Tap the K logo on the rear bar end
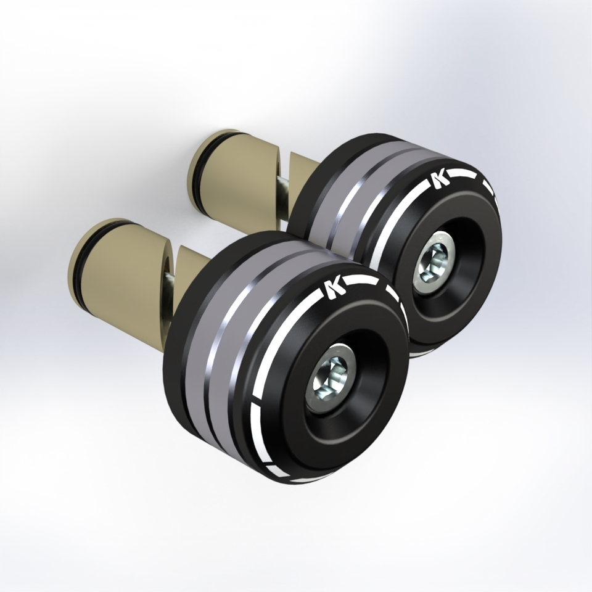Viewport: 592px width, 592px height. pyautogui.click(x=440, y=179)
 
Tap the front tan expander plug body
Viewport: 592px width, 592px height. pyautogui.click(x=123, y=271)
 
